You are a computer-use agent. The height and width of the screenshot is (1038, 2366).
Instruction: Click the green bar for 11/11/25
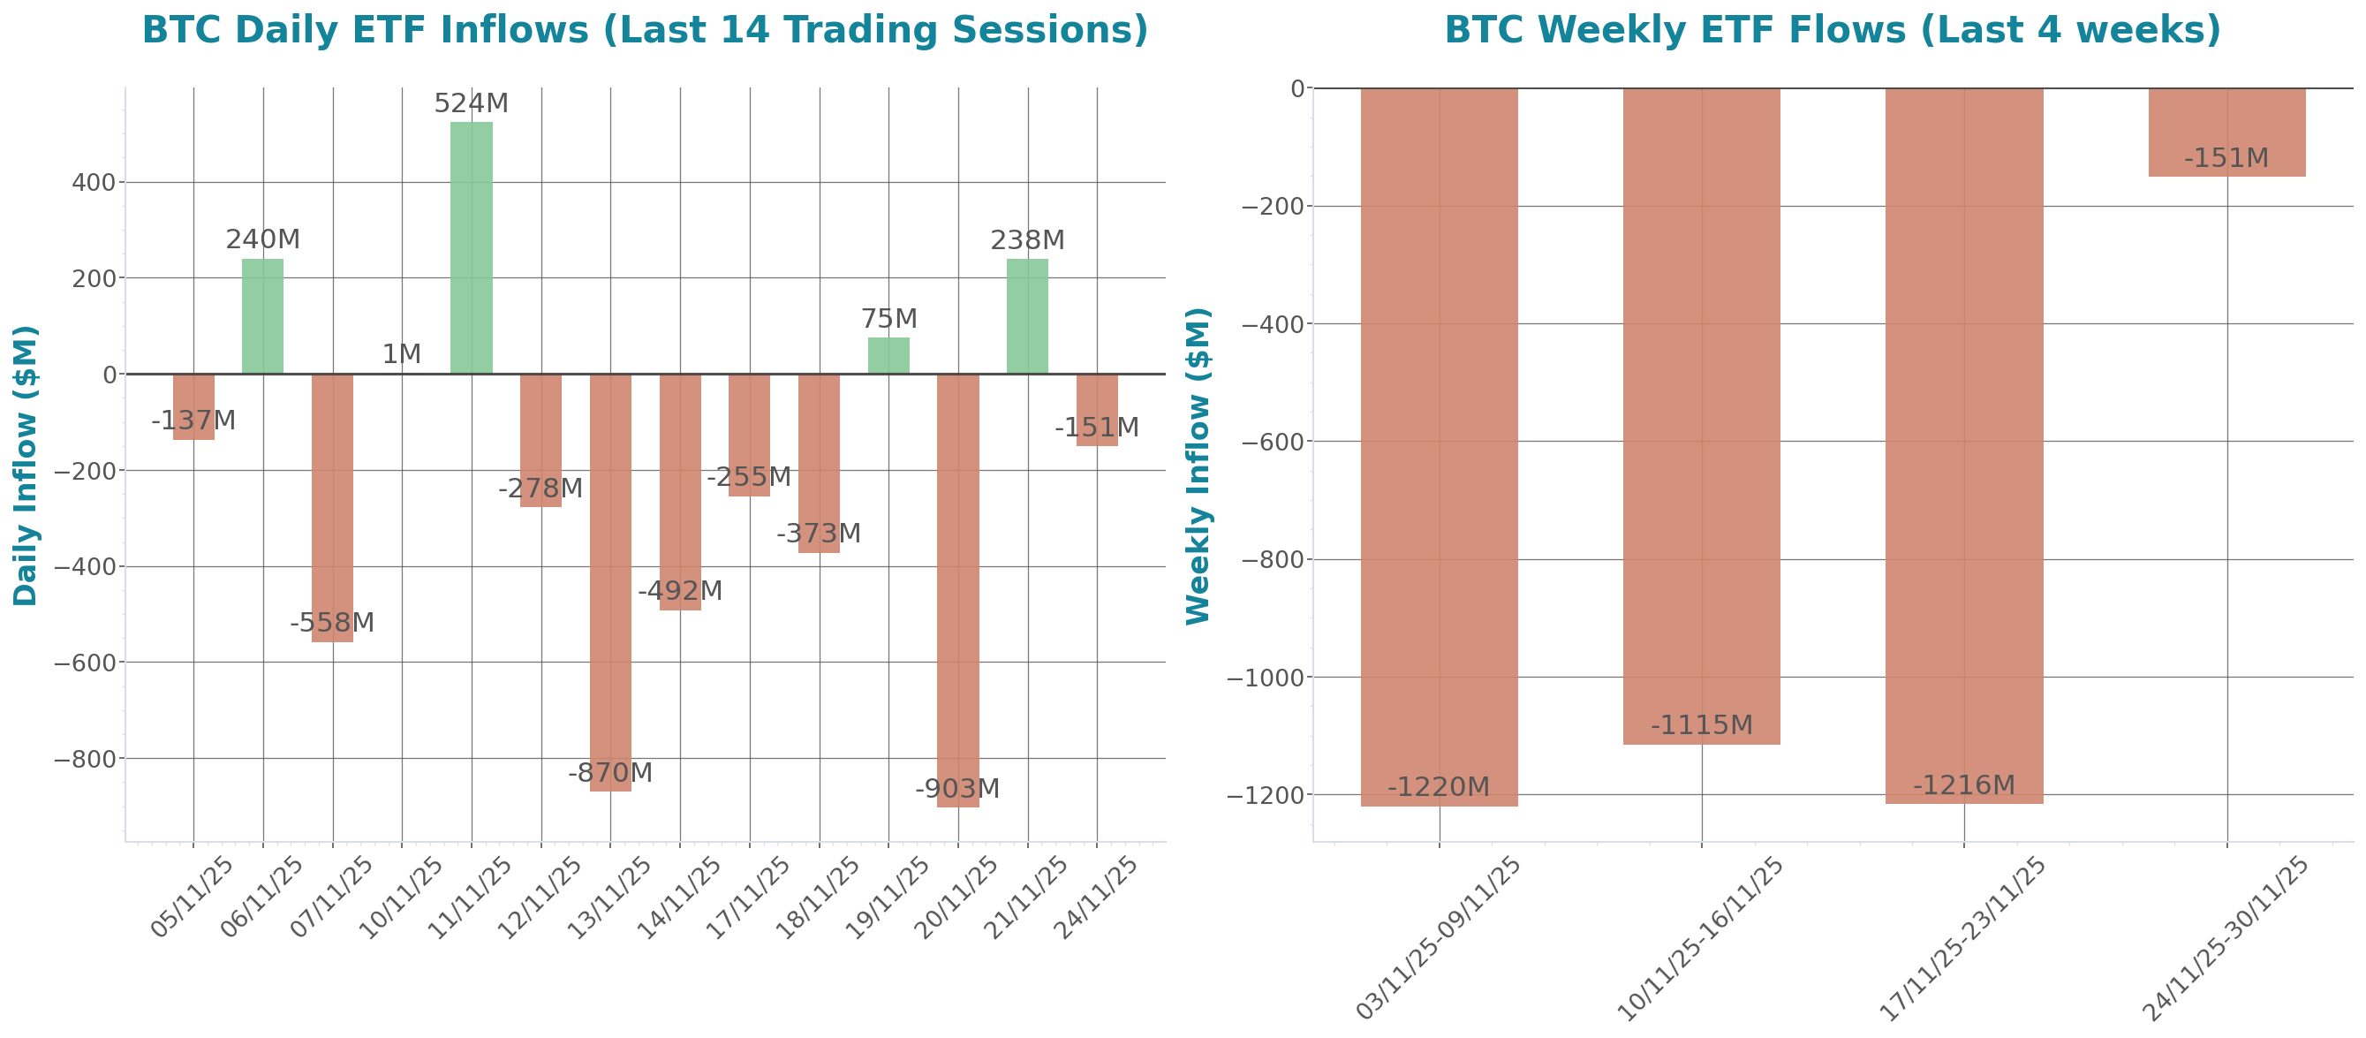[x=472, y=248]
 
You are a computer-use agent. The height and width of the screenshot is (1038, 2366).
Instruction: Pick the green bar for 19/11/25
[x=888, y=355]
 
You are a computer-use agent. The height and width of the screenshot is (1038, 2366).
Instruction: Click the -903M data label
[x=957, y=789]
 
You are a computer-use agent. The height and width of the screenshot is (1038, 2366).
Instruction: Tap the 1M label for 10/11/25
[x=401, y=353]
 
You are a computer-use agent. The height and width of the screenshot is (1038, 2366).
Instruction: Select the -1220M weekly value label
[x=1439, y=787]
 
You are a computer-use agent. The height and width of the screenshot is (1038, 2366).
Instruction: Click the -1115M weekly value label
[x=1701, y=725]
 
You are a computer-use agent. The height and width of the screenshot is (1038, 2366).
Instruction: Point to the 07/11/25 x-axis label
[x=332, y=897]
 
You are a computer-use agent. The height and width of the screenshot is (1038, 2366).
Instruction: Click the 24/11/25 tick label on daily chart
[x=1097, y=897]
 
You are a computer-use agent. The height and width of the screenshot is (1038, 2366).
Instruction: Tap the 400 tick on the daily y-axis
[x=94, y=183]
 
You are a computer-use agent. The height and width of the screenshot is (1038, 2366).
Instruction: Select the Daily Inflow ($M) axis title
[x=26, y=465]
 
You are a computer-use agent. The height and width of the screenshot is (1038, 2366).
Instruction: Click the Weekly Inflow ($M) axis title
[x=1198, y=466]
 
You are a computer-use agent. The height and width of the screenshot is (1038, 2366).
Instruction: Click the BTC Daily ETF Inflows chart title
[x=645, y=30]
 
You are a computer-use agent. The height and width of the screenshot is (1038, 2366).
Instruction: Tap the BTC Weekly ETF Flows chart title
[x=1832, y=30]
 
